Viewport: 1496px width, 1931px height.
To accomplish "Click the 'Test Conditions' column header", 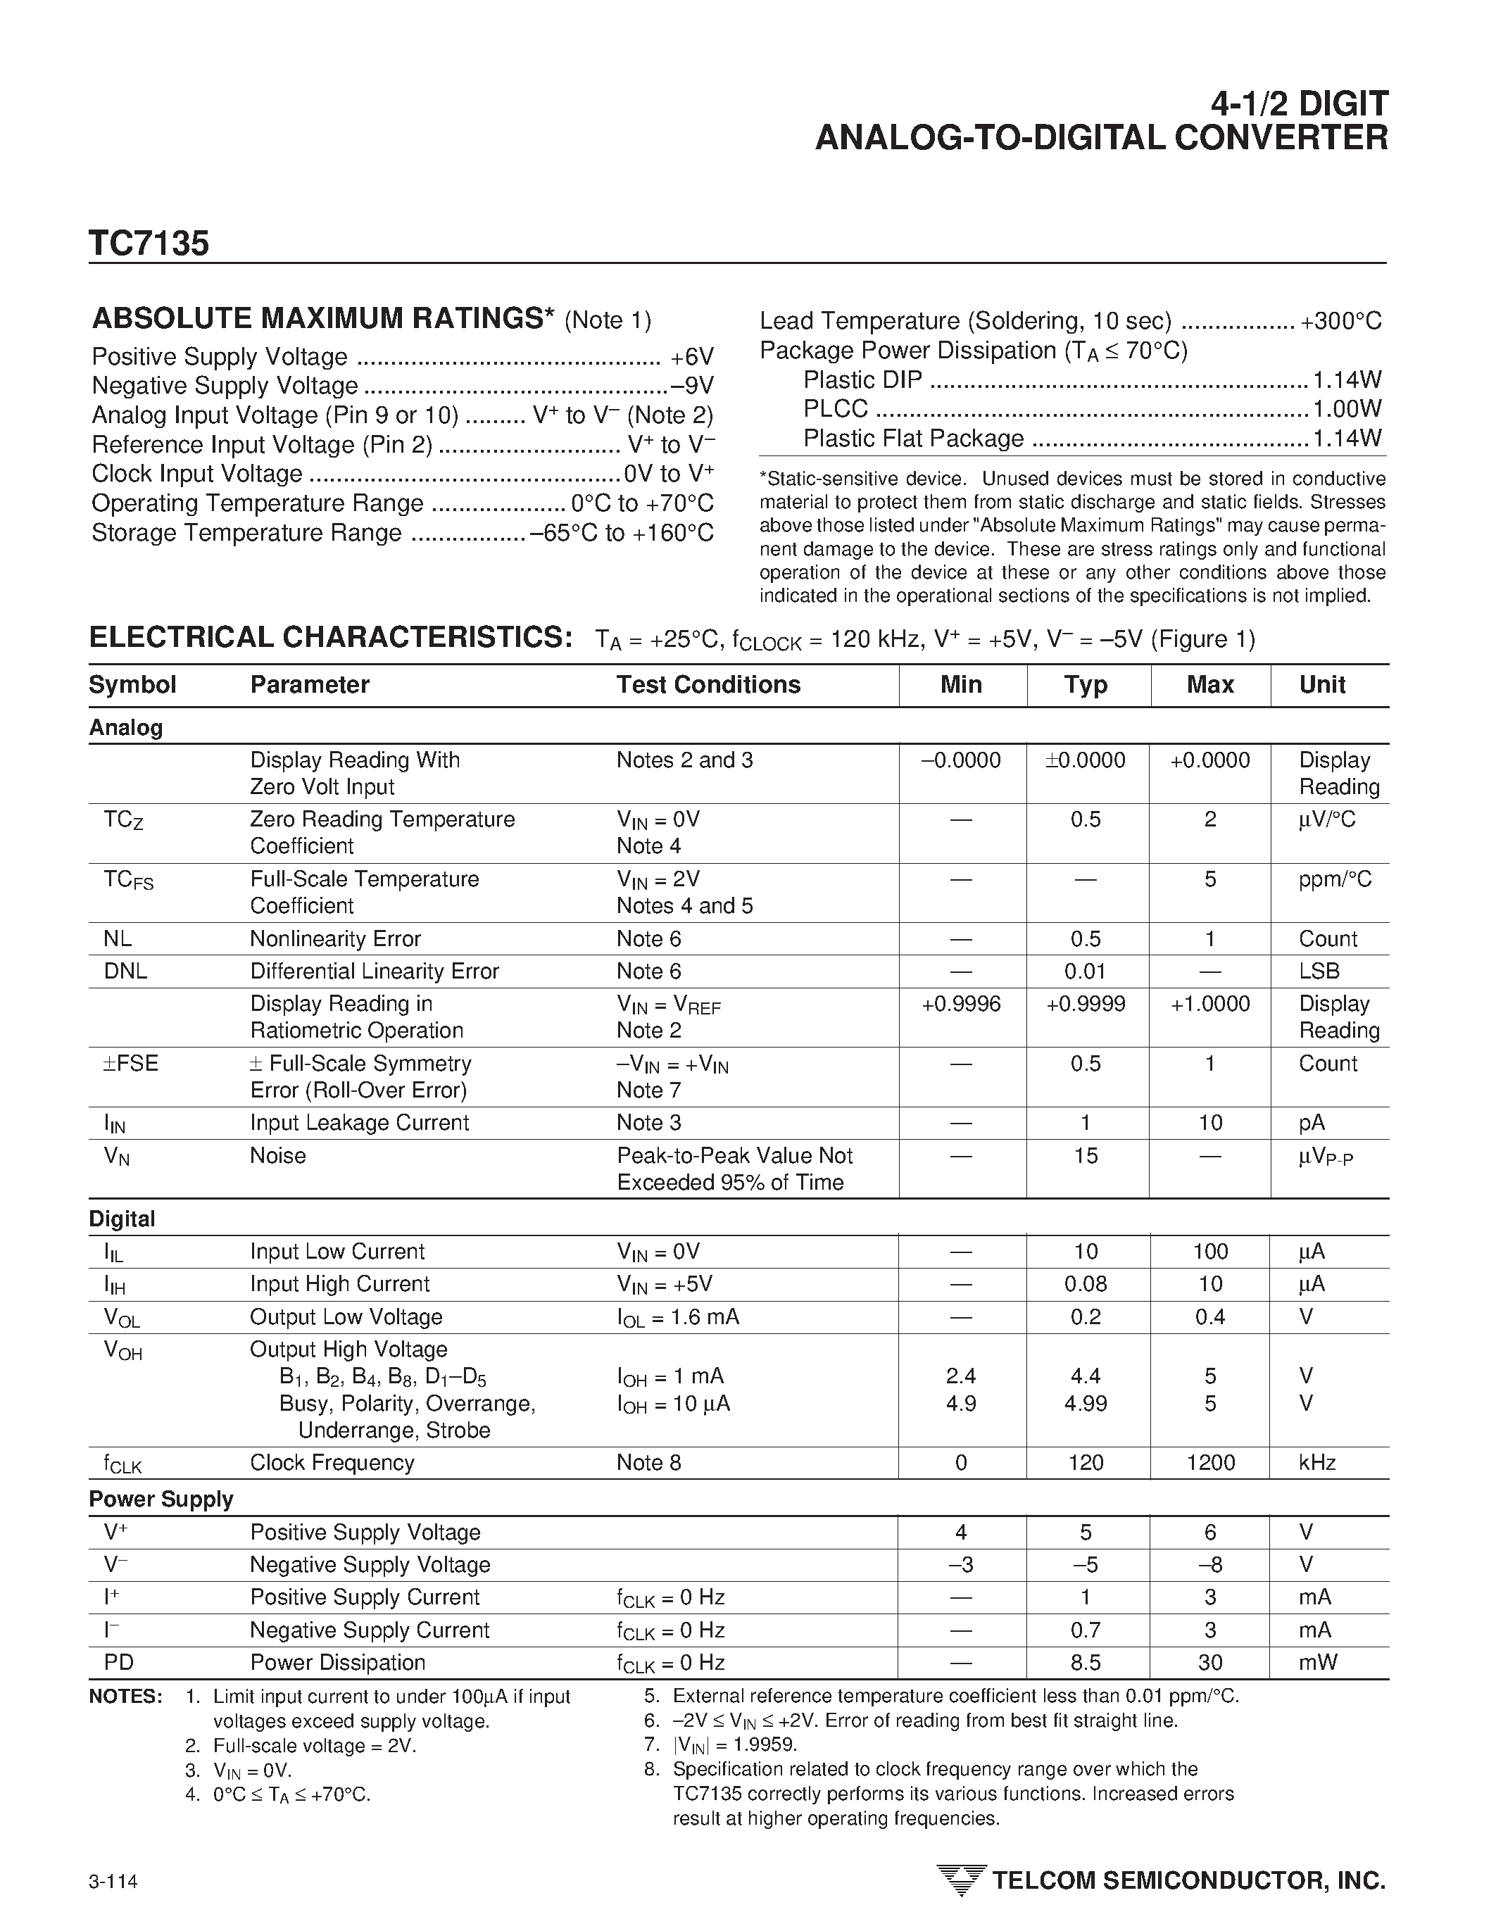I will pos(708,684).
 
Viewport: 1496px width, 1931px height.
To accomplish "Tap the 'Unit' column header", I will pos(1322,684).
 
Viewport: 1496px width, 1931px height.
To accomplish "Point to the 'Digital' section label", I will pos(122,1219).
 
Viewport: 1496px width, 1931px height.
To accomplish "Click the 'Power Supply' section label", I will pos(161,1499).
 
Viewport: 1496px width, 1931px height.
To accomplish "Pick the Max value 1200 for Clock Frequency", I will pos(1210,1462).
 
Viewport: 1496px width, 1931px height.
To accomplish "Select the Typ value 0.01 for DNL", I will pos(1085,971).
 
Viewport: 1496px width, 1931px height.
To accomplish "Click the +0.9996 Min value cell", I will pos(961,1004).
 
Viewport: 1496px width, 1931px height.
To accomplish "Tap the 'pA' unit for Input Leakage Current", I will pos(1312,1122).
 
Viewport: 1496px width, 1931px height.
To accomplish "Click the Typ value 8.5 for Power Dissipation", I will pos(1085,1662).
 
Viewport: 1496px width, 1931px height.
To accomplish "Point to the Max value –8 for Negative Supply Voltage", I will pos(1210,1564).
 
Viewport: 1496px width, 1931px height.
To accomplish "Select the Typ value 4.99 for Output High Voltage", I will pos(1085,1403).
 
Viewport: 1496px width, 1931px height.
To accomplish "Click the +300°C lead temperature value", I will pos(1340,321).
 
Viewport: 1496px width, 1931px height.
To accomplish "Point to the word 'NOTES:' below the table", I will pos(125,1697).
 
